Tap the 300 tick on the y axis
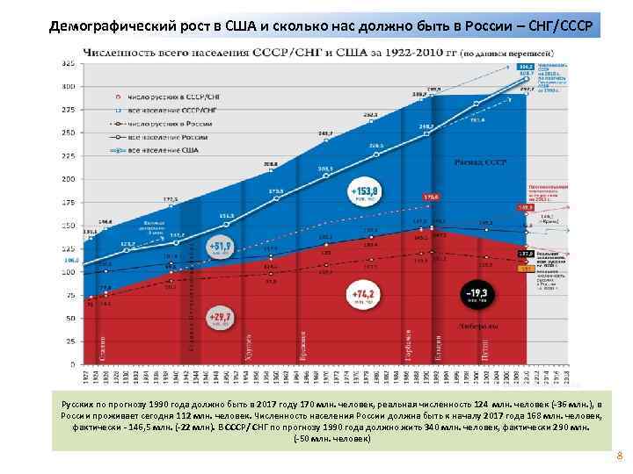pyautogui.click(x=68, y=86)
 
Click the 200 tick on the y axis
pyautogui.click(x=68, y=178)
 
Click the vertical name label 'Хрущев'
pyautogui.click(x=248, y=346)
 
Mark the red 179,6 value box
pyautogui.click(x=431, y=197)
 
